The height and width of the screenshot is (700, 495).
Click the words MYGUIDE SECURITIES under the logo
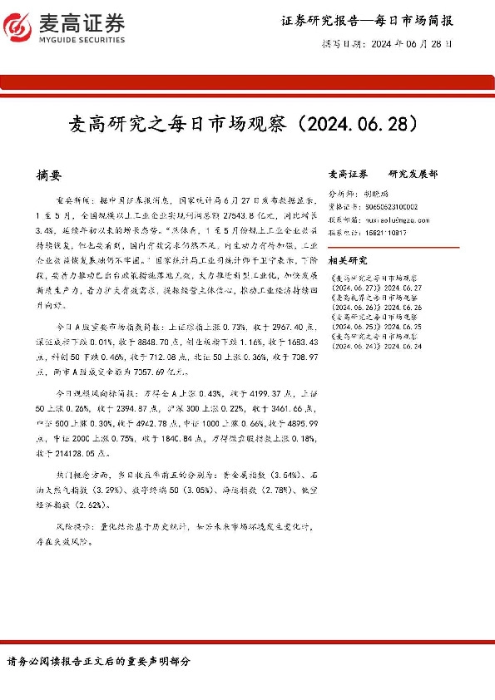82,39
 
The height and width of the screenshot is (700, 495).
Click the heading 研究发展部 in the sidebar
413,175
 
